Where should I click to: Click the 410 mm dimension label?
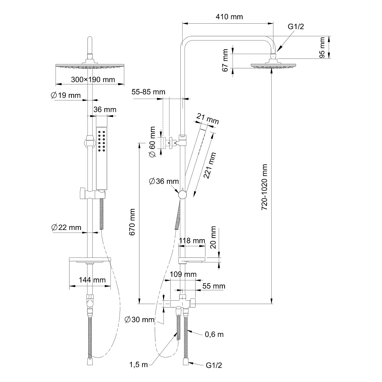pos(229,17)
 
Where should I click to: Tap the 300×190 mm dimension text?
pos(93,79)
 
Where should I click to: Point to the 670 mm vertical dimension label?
pos(132,228)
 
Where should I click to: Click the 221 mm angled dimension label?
pos(210,166)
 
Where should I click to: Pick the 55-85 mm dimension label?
pos(149,92)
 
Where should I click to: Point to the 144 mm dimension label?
pos(92,280)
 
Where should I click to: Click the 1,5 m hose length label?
pos(138,365)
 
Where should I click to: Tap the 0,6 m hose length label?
pos(214,335)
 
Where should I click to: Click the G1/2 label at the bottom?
pos(214,366)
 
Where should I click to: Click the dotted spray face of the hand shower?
pos(102,141)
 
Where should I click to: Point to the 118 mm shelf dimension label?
pos(192,241)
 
